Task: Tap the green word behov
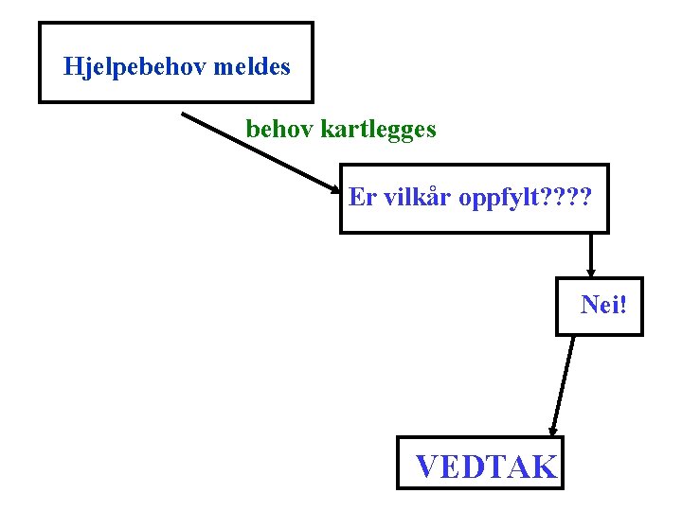point(279,128)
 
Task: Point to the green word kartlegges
point(378,129)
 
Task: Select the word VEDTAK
point(486,466)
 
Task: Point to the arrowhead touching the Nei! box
point(591,273)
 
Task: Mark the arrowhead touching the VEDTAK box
point(553,432)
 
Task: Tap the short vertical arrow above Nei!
point(591,253)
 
